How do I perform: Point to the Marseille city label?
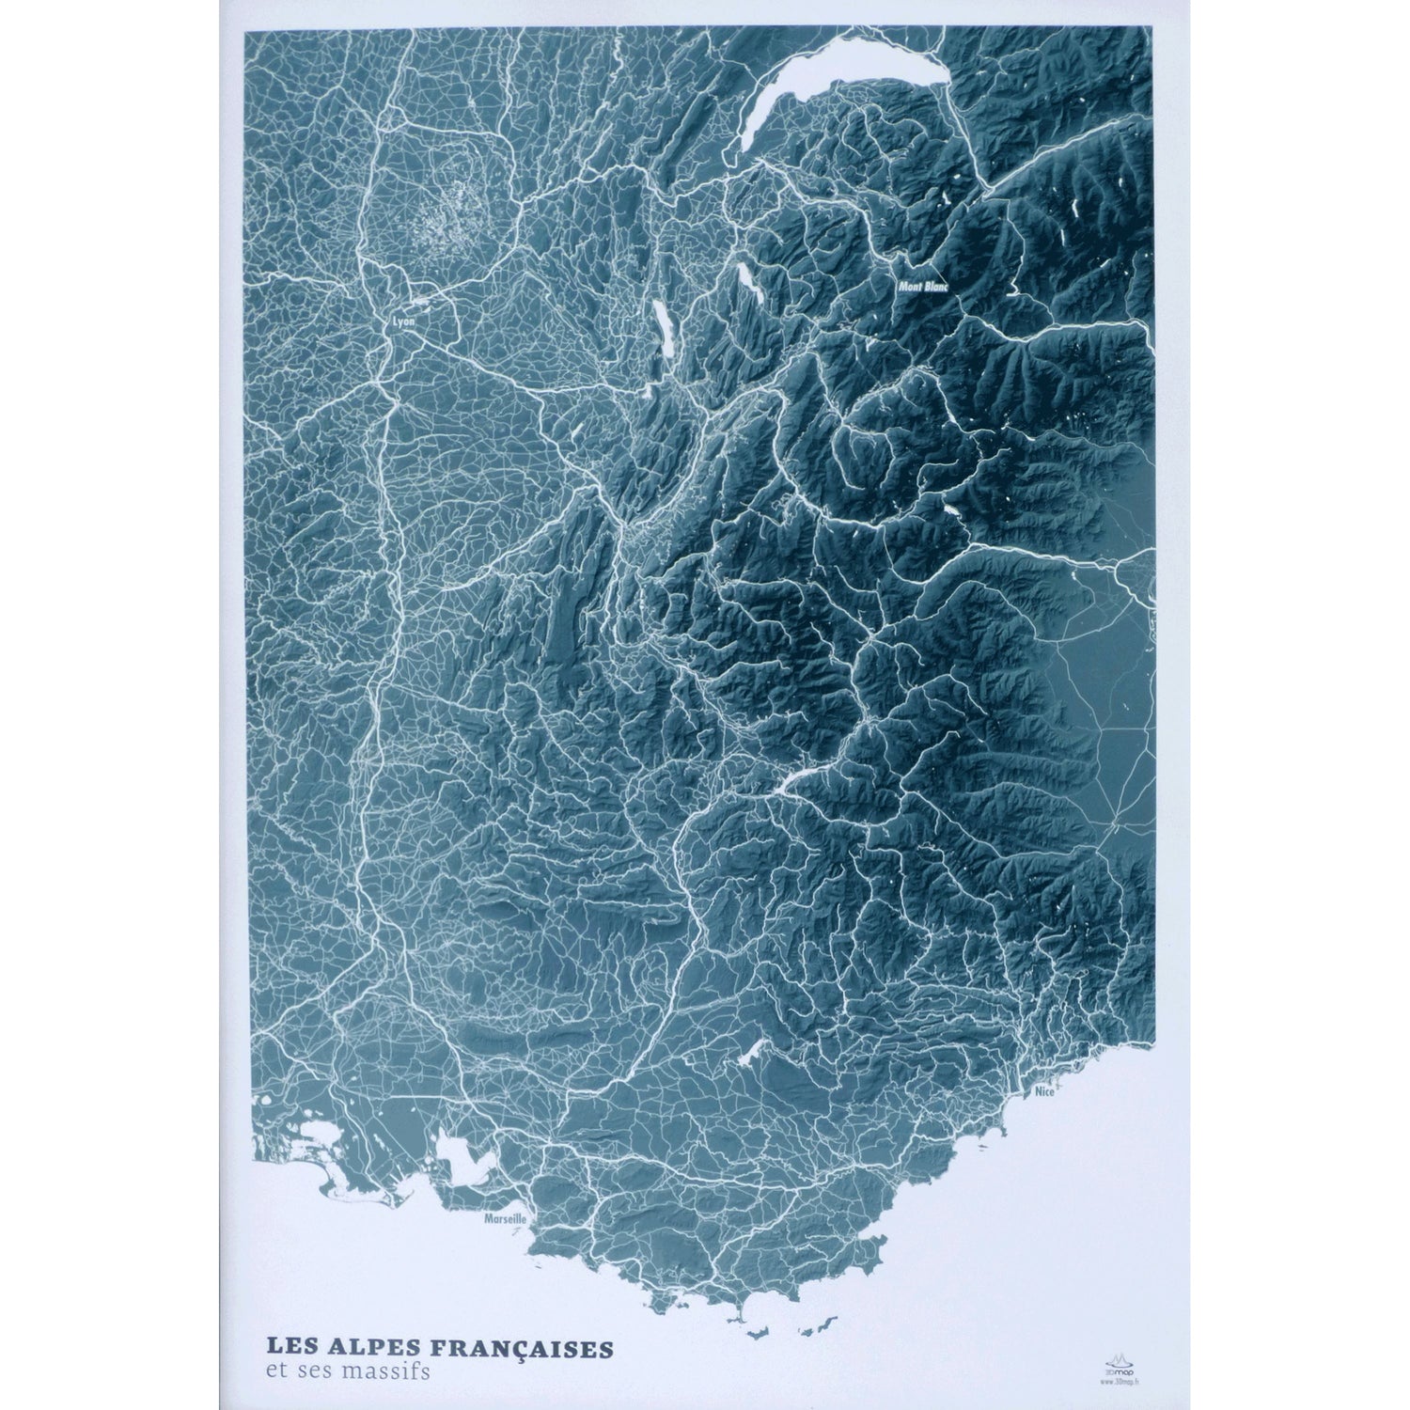coord(504,1218)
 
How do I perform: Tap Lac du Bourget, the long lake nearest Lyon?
coord(664,329)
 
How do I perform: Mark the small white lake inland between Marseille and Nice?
coord(752,1055)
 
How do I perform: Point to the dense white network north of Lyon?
coord(442,221)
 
